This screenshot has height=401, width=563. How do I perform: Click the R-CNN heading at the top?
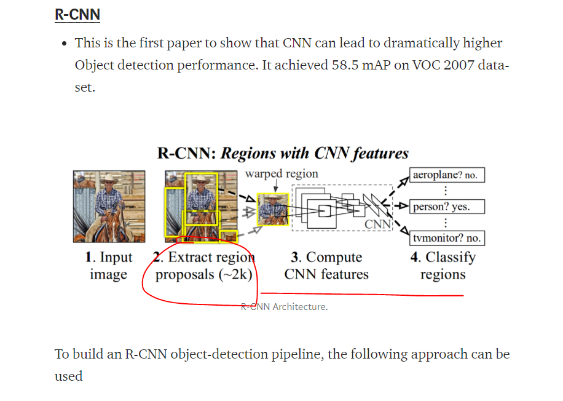click(x=77, y=14)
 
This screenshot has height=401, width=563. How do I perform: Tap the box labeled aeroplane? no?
click(x=447, y=175)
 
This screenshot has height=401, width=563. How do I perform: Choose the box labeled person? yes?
click(x=447, y=207)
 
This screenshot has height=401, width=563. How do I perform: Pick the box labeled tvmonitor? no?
click(x=447, y=238)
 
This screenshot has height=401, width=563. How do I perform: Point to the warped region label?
click(x=281, y=174)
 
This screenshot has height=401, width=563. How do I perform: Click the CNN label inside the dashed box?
click(x=378, y=224)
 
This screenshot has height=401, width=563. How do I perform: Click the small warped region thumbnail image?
click(x=273, y=210)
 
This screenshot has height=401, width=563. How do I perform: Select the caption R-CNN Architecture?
click(x=284, y=307)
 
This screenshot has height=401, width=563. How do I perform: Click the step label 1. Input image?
click(x=109, y=266)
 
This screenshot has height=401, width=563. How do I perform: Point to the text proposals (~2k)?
click(x=204, y=274)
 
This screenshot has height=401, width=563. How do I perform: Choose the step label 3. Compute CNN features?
click(x=326, y=266)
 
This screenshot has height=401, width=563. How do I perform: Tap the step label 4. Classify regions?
click(x=443, y=266)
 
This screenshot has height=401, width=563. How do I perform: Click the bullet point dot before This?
click(x=65, y=44)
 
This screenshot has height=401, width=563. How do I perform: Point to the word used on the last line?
click(x=69, y=376)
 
